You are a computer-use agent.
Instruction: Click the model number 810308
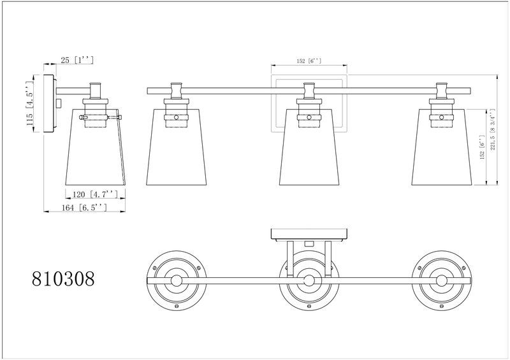point(63,278)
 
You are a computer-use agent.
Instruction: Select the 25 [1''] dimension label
point(77,60)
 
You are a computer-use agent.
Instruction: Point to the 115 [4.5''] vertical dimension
point(29,104)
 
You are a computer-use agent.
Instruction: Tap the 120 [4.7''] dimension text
point(94,194)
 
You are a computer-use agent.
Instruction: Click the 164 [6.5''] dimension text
point(84,208)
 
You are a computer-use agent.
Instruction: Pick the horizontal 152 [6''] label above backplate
point(309,61)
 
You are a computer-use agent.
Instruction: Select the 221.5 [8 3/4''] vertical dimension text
point(492,129)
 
